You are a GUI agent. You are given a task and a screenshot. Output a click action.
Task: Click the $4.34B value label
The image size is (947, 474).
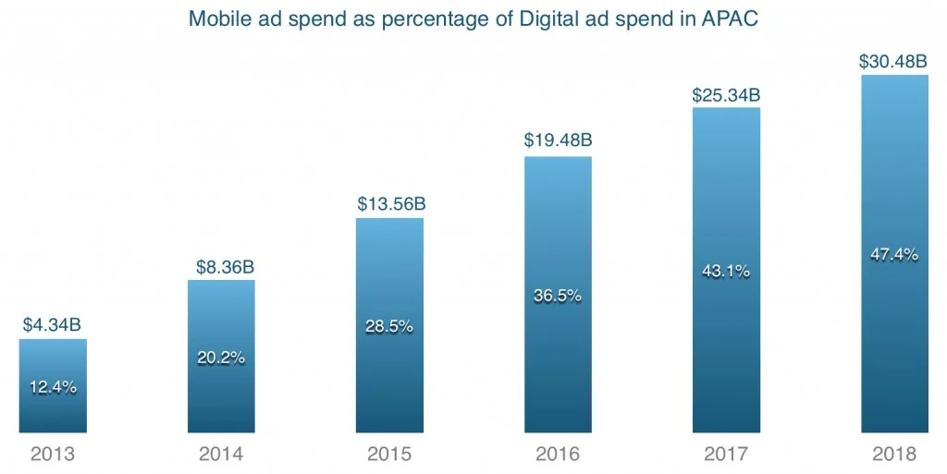pyautogui.click(x=53, y=325)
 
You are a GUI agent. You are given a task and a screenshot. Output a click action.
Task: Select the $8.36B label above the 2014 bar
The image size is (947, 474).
pyautogui.click(x=222, y=267)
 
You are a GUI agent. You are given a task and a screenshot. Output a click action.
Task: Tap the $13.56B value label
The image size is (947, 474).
pyautogui.click(x=391, y=204)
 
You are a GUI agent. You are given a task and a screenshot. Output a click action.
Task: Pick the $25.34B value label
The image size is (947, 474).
pyautogui.click(x=727, y=94)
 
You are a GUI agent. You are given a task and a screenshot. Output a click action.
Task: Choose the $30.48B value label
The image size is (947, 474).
pyautogui.click(x=894, y=61)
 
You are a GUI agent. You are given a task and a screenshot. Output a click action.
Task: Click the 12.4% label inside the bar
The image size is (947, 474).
pyautogui.click(x=53, y=387)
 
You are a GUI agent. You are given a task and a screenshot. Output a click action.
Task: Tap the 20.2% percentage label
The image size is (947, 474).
pyautogui.click(x=222, y=358)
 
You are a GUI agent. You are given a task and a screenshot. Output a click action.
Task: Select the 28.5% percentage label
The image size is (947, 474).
pyautogui.click(x=390, y=326)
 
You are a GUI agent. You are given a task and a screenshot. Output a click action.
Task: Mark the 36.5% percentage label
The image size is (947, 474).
pyautogui.click(x=558, y=296)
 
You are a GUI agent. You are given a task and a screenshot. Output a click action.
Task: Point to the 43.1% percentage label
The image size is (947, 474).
pyautogui.click(x=726, y=272)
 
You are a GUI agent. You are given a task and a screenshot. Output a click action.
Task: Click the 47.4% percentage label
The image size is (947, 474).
pyautogui.click(x=894, y=255)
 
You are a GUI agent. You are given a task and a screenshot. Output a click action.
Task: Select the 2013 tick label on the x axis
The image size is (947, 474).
pyautogui.click(x=53, y=455)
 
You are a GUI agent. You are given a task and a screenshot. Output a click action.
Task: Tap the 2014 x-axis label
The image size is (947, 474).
pyautogui.click(x=221, y=455)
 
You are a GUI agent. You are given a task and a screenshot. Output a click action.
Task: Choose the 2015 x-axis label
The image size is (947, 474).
pyautogui.click(x=389, y=455)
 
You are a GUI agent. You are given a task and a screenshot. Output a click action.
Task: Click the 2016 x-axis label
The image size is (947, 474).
pyautogui.click(x=558, y=455)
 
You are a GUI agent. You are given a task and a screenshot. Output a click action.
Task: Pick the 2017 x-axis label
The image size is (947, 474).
pyautogui.click(x=726, y=455)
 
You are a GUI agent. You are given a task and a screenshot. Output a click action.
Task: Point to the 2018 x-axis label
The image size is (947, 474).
pyautogui.click(x=894, y=455)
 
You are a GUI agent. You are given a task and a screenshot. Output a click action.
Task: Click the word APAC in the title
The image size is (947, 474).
pyautogui.click(x=732, y=18)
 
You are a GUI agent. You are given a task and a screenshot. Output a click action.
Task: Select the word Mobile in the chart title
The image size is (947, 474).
pyautogui.click(x=215, y=18)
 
